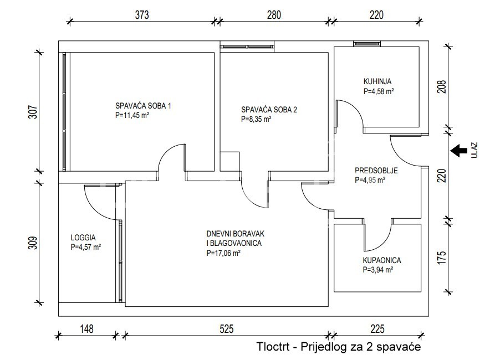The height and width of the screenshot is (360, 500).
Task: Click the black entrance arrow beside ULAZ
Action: pyautogui.click(x=458, y=151)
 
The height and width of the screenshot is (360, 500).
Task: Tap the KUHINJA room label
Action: pyautogui.click(x=377, y=81)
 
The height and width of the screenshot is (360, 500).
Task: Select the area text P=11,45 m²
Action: pyautogui.click(x=132, y=115)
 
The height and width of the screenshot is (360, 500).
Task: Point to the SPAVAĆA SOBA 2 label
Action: pyautogui.click(x=269, y=110)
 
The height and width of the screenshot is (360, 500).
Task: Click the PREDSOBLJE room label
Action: pyautogui.click(x=376, y=171)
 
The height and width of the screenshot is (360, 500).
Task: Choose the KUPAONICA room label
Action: pyautogui.click(x=382, y=260)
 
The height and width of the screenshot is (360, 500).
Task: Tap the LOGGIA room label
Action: pyautogui.click(x=83, y=238)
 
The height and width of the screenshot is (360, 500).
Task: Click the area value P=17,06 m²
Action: pyautogui.click(x=223, y=253)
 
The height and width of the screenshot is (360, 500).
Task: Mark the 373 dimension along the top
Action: pyautogui.click(x=141, y=15)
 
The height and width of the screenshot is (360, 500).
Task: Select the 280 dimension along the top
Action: pyautogui.click(x=274, y=15)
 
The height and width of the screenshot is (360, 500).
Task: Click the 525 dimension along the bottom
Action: pyautogui.click(x=226, y=329)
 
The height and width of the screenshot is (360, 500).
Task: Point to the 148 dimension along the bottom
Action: pyautogui.click(x=86, y=329)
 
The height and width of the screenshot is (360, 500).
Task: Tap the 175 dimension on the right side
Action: pyautogui.click(x=441, y=258)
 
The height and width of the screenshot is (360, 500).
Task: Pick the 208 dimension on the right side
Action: pyautogui.click(x=441, y=86)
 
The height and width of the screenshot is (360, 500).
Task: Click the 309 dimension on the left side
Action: pyautogui.click(x=33, y=243)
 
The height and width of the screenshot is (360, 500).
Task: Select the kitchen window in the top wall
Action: pyautogui.click(x=367, y=44)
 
